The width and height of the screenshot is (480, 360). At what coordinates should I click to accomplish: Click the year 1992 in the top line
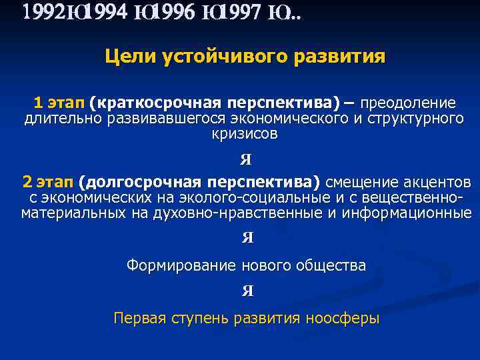click(x=39, y=13)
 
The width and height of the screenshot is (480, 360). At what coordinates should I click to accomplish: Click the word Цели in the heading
click(x=130, y=57)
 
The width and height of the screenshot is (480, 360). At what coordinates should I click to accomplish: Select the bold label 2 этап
click(x=47, y=183)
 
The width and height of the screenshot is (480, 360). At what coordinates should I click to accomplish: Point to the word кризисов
click(x=241, y=134)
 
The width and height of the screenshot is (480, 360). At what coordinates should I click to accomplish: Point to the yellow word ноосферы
click(x=342, y=318)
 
